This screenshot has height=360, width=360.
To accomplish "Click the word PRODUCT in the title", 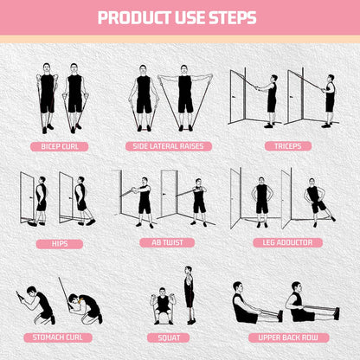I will click(x=133, y=17).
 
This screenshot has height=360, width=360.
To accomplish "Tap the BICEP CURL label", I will click(x=60, y=146).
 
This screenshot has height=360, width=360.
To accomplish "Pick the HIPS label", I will click(x=59, y=242).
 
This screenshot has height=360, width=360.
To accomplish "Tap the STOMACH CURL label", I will click(x=60, y=337).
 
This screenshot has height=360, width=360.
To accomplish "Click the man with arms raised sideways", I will click(x=185, y=92).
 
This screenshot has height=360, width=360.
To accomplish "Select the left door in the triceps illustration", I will click(x=235, y=97).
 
